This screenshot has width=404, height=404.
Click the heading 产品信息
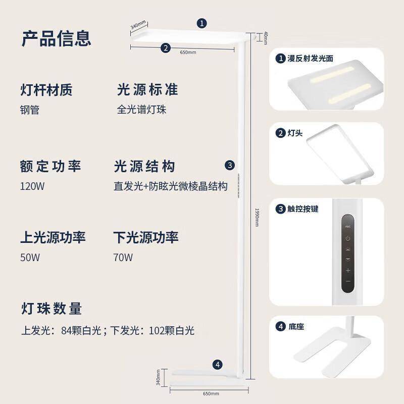pos(56,39)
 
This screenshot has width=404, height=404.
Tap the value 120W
pos(32,186)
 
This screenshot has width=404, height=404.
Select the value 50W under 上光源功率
pos(30,258)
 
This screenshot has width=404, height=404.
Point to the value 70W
pos(123,258)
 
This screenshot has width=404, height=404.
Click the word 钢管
pos(30,110)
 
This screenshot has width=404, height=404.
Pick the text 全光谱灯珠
pos(141,110)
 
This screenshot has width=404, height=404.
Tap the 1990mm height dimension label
pos(257,217)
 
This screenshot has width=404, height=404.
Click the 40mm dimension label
pos(266,38)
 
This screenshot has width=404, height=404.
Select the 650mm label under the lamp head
pos(188,53)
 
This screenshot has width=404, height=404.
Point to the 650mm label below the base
pos(211,393)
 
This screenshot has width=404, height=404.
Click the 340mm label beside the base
pos(158,377)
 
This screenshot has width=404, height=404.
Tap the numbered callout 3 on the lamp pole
pos(230,165)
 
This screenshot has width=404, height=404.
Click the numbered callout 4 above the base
pos(218,365)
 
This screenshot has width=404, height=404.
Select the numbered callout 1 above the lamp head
pos(201,23)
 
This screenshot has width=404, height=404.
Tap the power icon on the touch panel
pos(348,238)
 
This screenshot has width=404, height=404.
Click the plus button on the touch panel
pos(348,270)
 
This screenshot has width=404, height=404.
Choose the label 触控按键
pos(303,209)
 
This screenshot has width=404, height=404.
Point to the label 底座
pos(296,327)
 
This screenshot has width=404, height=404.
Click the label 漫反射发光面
pos(310,59)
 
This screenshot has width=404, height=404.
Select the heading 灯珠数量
pos(52,309)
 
